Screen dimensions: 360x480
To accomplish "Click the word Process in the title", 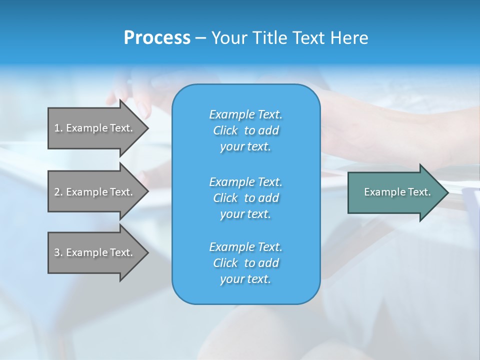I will pos(157,38).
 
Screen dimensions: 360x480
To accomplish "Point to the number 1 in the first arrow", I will pos(57,128).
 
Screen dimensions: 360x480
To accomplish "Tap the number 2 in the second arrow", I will pos(57,192).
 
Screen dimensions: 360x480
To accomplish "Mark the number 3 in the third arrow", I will pos(57,252).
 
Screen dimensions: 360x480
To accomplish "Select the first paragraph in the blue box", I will pos(245,130).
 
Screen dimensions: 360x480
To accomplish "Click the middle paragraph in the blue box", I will pos(245,198).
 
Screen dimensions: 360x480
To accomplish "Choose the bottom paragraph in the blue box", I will pos(245,263).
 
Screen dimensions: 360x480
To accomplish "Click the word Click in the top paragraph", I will pos(225,130).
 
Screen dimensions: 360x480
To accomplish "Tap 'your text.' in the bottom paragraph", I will pos(245,279).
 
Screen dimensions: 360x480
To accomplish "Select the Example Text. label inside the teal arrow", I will pos(397,192).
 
